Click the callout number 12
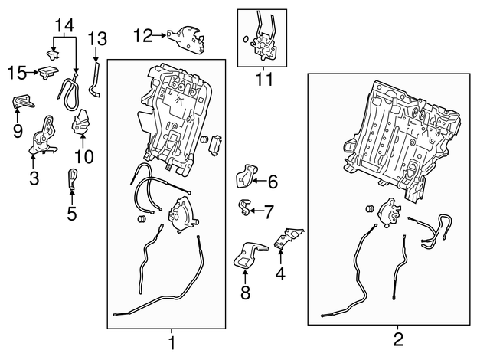143,36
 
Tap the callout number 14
65,25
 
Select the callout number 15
17,73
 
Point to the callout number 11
264,79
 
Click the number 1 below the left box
171,343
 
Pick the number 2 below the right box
398,339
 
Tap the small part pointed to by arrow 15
48,73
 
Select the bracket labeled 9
23,102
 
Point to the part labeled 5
72,178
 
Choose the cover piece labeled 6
246,176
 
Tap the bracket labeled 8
248,256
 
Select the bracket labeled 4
288,238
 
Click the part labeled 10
80,123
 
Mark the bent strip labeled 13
95,80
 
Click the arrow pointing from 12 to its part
159,36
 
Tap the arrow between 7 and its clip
257,211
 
